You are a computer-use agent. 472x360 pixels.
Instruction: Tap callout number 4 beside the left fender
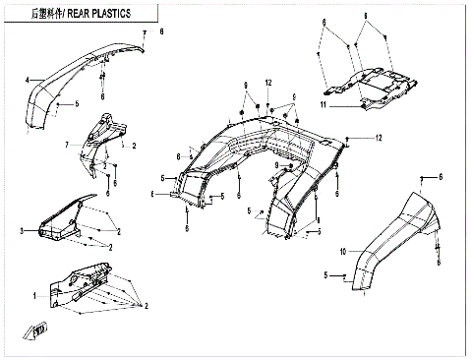[x=28, y=76]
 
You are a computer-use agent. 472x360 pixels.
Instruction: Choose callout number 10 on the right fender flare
[x=342, y=253]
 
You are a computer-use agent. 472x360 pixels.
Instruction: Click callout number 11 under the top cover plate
[x=322, y=103]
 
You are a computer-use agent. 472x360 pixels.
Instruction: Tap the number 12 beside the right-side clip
[x=377, y=137]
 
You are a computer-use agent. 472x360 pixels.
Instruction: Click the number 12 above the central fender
[x=266, y=80]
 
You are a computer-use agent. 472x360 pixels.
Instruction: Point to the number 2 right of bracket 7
[x=135, y=146]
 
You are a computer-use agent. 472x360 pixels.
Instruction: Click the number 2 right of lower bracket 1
[x=147, y=307]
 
